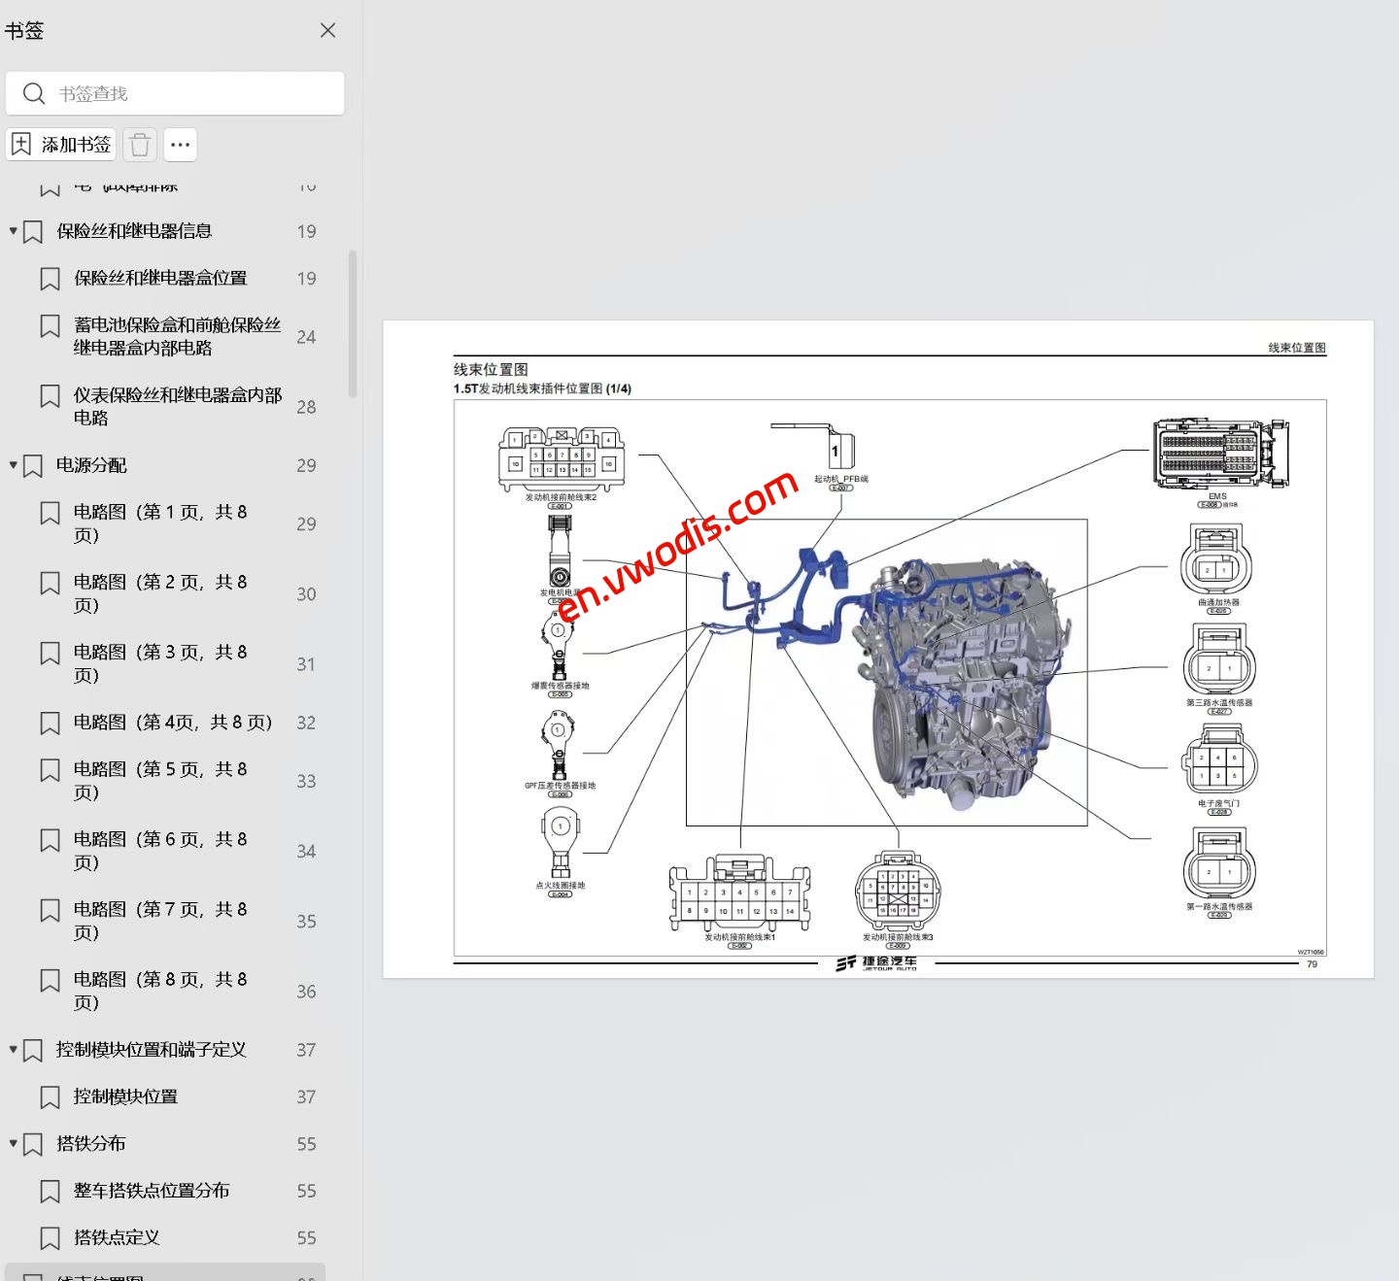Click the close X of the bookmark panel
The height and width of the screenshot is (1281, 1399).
(328, 30)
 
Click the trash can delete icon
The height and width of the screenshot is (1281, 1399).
(140, 145)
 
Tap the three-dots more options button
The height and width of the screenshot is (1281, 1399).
(180, 145)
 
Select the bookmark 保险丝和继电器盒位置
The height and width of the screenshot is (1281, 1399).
(160, 278)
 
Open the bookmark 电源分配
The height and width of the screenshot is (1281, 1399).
(91, 465)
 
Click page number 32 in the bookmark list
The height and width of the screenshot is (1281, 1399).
(306, 723)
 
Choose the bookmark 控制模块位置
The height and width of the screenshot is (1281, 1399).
(125, 1096)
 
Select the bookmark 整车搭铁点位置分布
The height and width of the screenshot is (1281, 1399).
(152, 1191)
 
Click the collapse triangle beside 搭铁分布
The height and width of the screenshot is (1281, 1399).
(14, 1143)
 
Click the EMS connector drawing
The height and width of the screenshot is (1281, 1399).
(1219, 454)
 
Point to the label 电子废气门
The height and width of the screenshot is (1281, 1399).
(1218, 803)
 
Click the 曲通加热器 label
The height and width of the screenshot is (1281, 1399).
(1218, 602)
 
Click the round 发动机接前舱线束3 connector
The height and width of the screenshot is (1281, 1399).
(898, 892)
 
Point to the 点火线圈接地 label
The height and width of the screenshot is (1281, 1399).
(561, 886)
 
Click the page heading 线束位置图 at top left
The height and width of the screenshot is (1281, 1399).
(491, 369)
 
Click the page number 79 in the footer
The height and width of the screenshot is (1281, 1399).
(1312, 964)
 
